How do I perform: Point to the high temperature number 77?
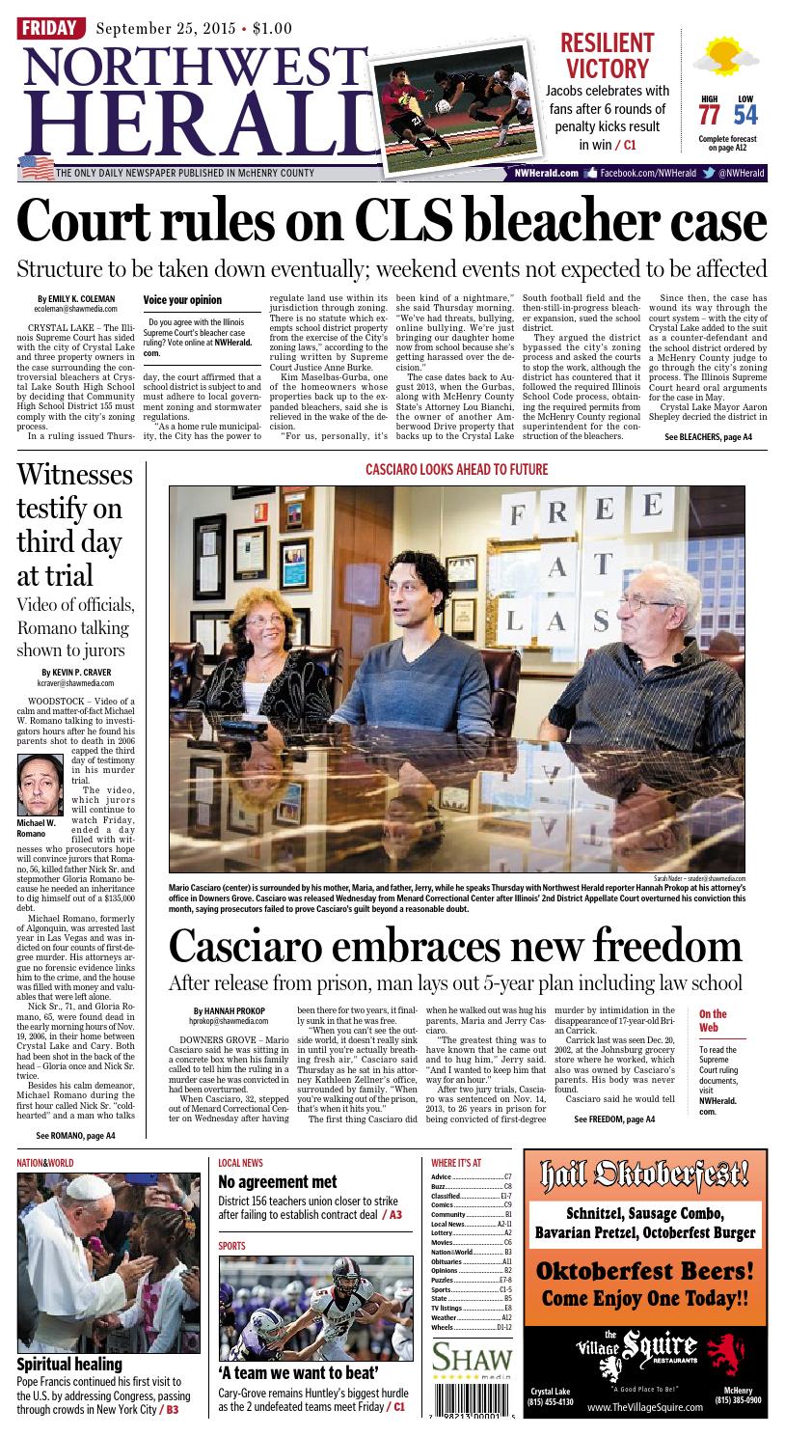[709, 115]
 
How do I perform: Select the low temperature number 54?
[744, 115]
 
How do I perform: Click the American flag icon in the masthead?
[36, 167]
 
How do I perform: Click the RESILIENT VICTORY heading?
[607, 56]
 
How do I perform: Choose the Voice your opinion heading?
[182, 300]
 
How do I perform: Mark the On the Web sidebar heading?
[714, 1020]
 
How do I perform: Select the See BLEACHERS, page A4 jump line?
[708, 437]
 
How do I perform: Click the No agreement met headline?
[278, 1181]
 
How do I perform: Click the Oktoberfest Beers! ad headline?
[644, 1270]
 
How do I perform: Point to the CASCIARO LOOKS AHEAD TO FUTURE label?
[456, 470]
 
